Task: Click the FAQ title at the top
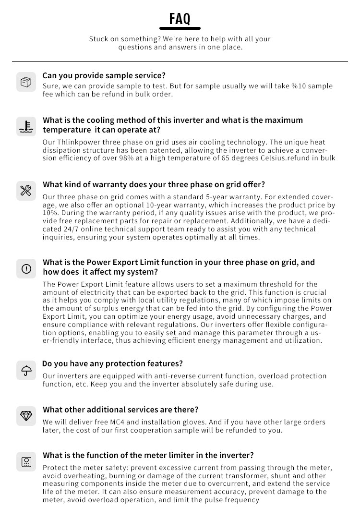[180, 19]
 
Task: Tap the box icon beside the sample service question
[26, 82]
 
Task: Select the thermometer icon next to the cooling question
[26, 126]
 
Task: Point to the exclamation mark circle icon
[26, 268]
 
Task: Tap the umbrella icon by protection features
[26, 370]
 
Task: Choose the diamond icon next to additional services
[26, 416]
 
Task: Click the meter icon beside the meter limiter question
[26, 461]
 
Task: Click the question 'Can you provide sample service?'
[104, 75]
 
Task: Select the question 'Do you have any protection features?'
[113, 364]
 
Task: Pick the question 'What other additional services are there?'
[120, 410]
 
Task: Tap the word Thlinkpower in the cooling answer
[77, 143]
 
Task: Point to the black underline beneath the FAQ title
[180, 28]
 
